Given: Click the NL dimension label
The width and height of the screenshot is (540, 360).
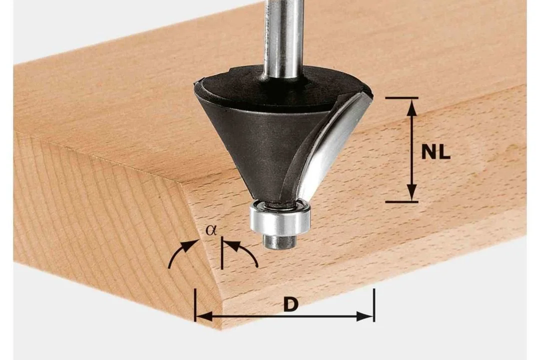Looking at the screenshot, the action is point(436,152).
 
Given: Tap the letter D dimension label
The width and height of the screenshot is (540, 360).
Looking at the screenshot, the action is point(291,305).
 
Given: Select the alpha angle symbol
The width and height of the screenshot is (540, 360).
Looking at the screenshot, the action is point(211,230).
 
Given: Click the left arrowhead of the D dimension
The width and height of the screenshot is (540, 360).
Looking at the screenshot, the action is point(204,316).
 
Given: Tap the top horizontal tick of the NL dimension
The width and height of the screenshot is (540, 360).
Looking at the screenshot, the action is point(402,98).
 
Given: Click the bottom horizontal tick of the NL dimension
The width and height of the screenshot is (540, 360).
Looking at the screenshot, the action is point(402,201).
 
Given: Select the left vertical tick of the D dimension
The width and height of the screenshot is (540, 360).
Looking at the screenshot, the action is point(195,305).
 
